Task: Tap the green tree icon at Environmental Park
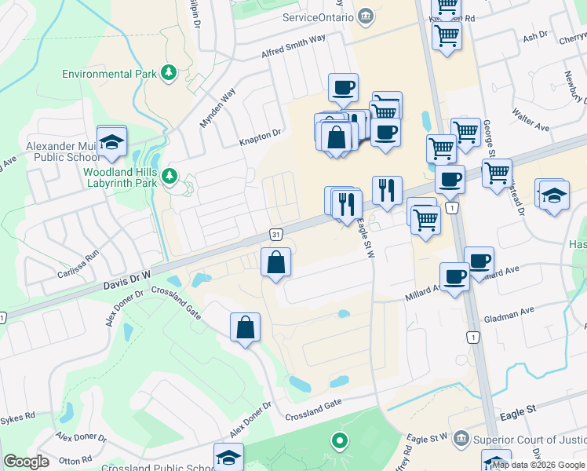(x=168, y=73)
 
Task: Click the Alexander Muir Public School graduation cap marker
(x=112, y=142)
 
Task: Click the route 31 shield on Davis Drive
(x=275, y=235)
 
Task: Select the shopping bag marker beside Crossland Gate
(x=245, y=327)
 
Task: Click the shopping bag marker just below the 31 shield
(x=275, y=263)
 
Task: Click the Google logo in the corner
(x=26, y=462)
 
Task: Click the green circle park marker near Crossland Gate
(x=339, y=441)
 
